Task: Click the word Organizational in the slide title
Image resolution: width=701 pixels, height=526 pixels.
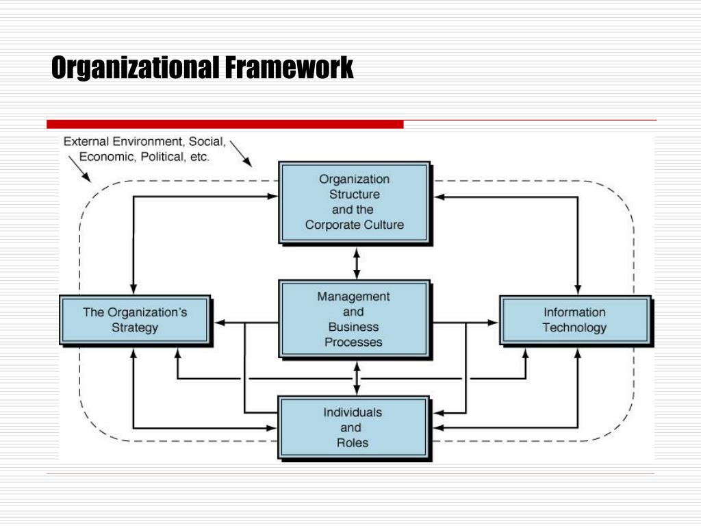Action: pos(135,68)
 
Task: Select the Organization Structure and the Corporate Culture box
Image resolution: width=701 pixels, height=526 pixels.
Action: pos(354,202)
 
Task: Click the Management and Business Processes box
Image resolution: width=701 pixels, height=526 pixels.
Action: pos(354,319)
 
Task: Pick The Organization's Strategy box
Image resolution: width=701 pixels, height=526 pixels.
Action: pos(135,320)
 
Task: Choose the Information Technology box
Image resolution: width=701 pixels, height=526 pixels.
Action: pos(574,320)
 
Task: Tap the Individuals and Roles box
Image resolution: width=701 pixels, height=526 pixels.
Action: pos(353,427)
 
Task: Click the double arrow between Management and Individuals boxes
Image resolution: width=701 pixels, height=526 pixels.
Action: pos(356,377)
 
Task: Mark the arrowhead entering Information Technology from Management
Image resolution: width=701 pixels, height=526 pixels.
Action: pos(494,322)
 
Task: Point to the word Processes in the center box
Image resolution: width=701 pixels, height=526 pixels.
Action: pos(353,342)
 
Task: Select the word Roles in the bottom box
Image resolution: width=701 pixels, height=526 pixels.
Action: pos(353,442)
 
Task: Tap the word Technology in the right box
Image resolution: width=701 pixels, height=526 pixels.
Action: pos(574,327)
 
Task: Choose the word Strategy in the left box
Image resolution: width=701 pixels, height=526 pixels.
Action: pos(135,327)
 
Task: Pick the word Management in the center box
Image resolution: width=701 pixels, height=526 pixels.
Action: pos(353,297)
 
